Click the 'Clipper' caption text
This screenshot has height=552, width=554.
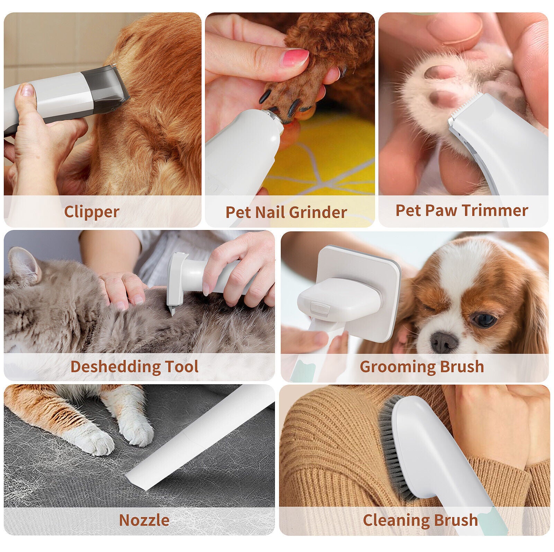coord(92,212)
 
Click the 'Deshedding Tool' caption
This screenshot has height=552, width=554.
coord(134,367)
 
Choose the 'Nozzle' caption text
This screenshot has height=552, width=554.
coord(144,520)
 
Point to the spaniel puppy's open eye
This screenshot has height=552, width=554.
coord(484,320)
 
